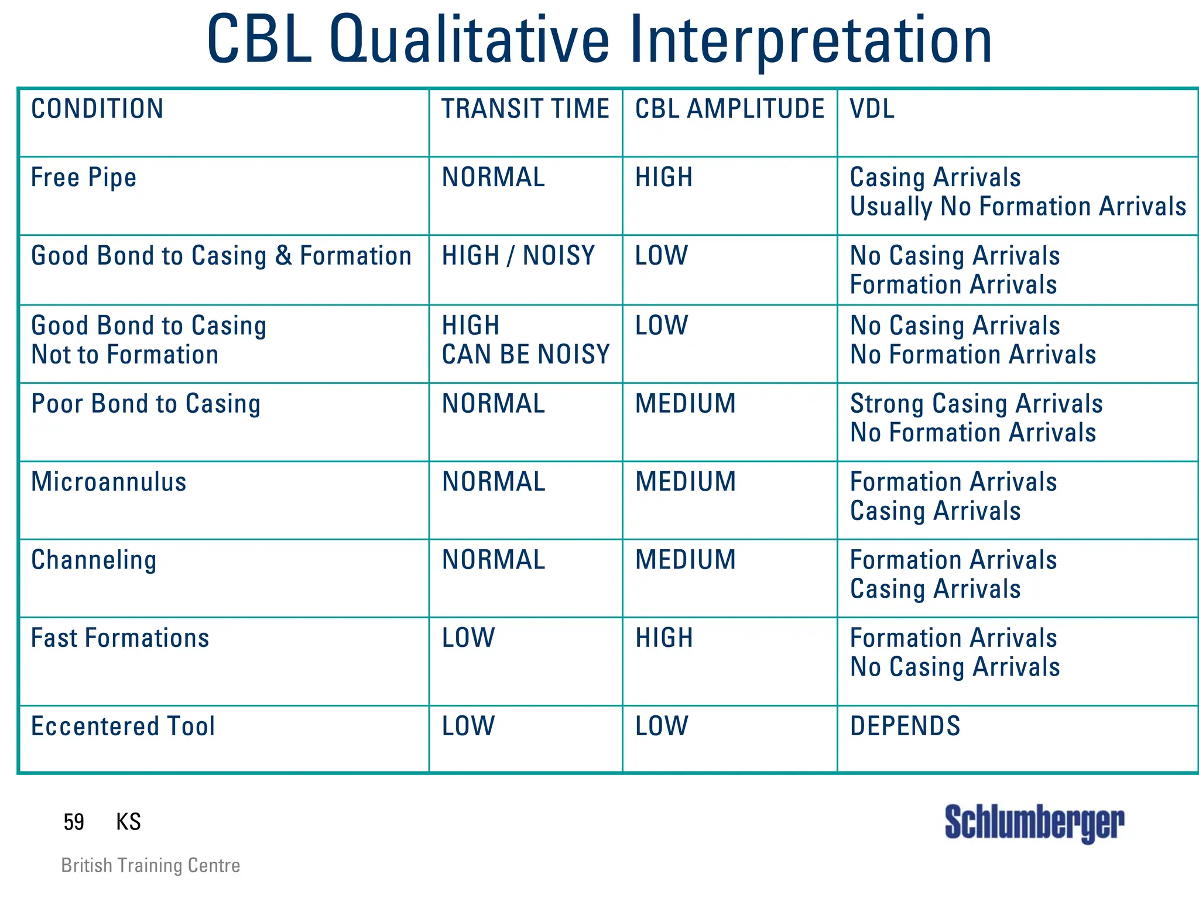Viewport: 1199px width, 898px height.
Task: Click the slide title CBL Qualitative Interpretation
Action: [599, 41]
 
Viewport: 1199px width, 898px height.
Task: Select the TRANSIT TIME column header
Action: [525, 109]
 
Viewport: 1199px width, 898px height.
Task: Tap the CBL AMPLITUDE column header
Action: [729, 109]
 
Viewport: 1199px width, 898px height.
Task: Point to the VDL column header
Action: [872, 109]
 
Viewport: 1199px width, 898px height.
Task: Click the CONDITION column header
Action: [97, 109]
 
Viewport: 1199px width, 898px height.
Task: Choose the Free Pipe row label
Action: [84, 177]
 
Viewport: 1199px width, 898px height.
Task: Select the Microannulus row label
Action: [109, 482]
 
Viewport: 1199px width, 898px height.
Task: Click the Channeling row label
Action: [94, 560]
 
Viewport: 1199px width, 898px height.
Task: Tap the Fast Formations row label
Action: [120, 638]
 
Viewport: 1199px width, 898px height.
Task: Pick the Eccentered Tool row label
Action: [123, 726]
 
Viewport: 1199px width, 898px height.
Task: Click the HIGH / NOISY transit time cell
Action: [518, 256]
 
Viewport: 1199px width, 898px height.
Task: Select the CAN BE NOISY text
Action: [525, 355]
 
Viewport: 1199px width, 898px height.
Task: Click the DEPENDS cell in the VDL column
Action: [905, 726]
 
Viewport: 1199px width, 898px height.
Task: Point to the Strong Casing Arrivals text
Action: [976, 404]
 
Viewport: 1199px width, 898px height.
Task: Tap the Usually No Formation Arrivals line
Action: [1018, 207]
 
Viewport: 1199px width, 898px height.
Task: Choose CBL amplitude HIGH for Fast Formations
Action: [664, 638]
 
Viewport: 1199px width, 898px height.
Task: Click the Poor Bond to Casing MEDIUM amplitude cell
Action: [685, 404]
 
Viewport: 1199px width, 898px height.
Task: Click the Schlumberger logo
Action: [1034, 822]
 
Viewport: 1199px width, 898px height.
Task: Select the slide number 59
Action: [74, 822]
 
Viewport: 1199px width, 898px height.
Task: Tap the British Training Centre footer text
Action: [150, 865]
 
